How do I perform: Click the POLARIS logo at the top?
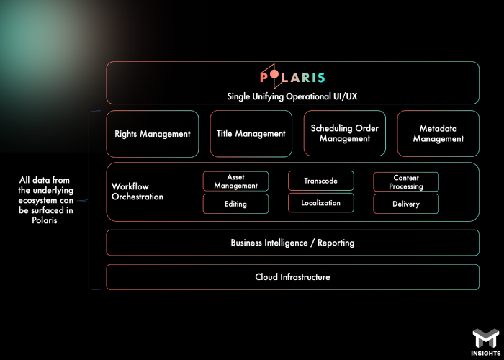click(292, 77)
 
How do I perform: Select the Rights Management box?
click(153, 134)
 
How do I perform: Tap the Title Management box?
click(251, 134)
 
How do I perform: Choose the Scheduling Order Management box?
click(345, 134)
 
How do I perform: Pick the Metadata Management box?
click(438, 134)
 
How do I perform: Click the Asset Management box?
click(235, 181)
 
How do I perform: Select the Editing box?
click(235, 204)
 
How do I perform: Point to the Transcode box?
click(320, 181)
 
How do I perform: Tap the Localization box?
click(320, 203)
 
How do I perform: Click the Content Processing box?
click(406, 182)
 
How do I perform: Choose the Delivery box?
click(406, 204)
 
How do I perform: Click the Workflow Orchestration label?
click(138, 192)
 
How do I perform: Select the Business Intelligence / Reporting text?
click(292, 243)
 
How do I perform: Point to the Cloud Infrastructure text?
click(292, 277)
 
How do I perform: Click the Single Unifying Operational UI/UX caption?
click(292, 96)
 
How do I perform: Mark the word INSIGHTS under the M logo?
click(485, 352)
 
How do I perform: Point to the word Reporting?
click(336, 243)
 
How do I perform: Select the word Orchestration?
click(138, 197)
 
